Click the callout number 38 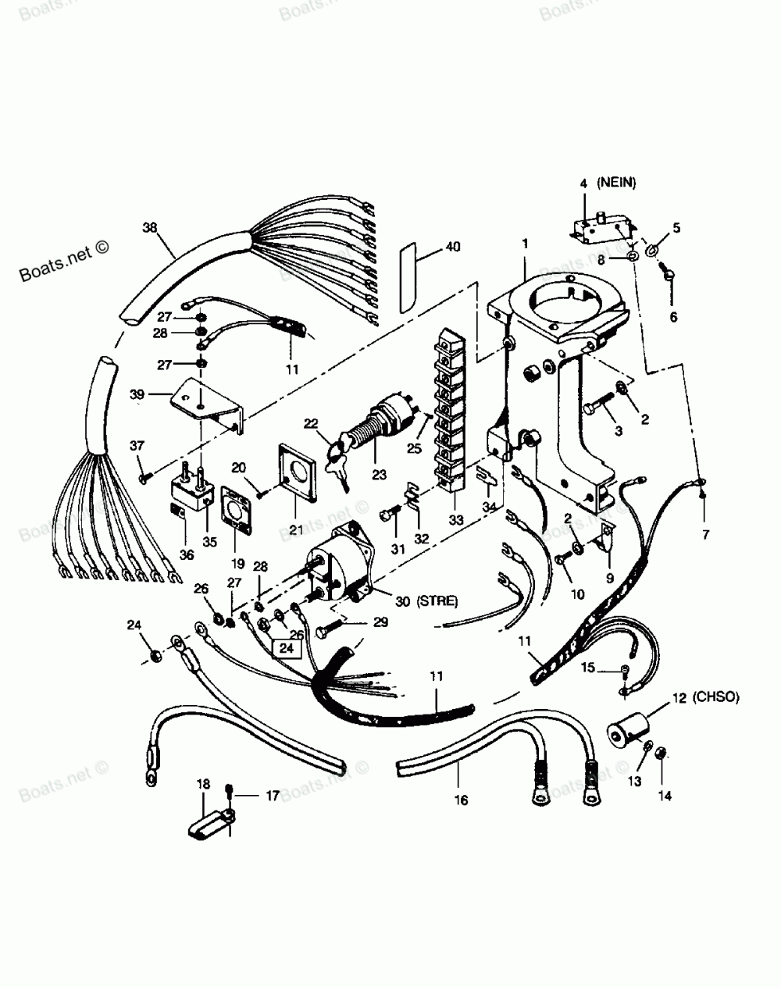(x=151, y=228)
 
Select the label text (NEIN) (x=618, y=183)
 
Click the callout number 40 (x=453, y=248)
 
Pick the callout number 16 (x=461, y=800)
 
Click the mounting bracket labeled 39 (x=205, y=402)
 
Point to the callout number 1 (x=526, y=244)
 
